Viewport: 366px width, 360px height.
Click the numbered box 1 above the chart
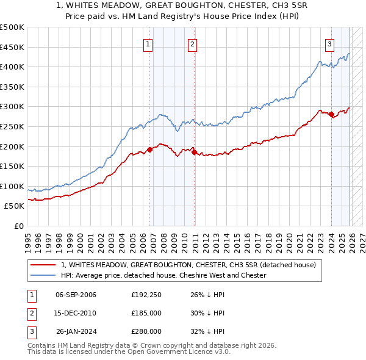[148, 43]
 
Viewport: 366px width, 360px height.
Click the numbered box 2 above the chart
[192, 43]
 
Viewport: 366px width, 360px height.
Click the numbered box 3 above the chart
[329, 43]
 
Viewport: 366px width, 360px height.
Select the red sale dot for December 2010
[194, 153]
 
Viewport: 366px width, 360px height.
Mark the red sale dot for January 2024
[331, 115]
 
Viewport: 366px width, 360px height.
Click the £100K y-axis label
[12, 186]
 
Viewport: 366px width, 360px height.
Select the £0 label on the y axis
[18, 226]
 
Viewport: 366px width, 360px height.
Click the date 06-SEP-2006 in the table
[76, 295]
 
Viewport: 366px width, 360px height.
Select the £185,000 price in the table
[146, 313]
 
